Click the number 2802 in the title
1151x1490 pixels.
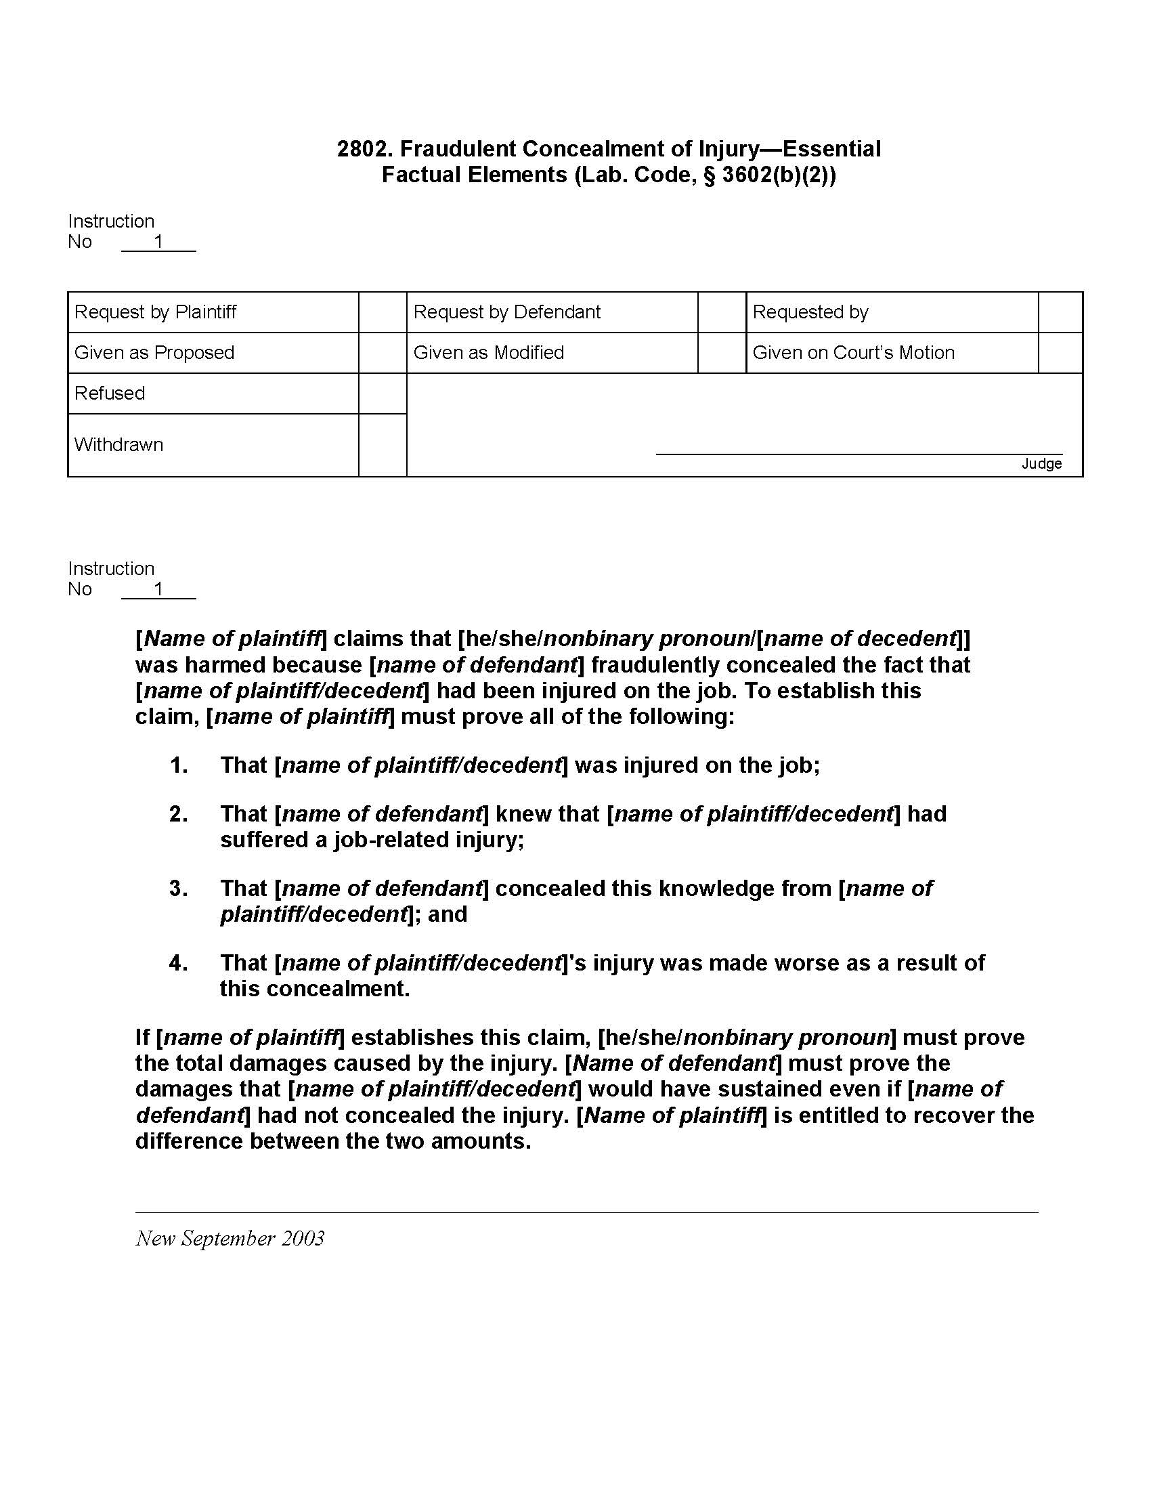coord(364,149)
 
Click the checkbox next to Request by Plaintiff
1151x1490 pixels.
coord(383,312)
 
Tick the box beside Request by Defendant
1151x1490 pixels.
coord(722,312)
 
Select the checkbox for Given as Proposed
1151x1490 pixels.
coord(383,353)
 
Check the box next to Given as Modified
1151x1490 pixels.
coord(722,353)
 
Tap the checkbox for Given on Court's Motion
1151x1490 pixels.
coord(1060,353)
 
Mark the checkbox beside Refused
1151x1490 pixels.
coord(383,393)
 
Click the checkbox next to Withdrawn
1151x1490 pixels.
coord(383,445)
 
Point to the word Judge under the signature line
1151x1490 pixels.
coord(1041,464)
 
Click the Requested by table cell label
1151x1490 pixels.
coord(810,312)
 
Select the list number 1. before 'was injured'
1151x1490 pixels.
coord(179,765)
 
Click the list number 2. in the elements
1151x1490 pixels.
coord(179,814)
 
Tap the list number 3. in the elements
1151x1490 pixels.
coord(179,889)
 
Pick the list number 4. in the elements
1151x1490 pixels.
coord(179,962)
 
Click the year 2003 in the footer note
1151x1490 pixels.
coord(303,1238)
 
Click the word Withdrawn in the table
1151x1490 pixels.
coord(118,445)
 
